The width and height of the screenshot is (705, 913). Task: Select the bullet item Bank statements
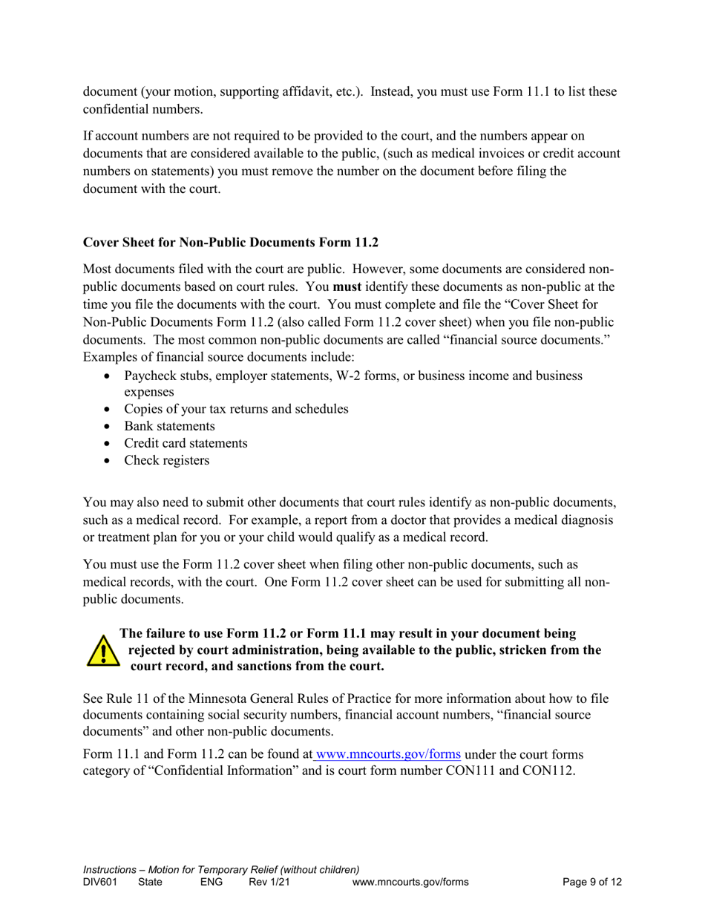(170, 426)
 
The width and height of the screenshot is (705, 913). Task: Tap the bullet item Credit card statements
(186, 443)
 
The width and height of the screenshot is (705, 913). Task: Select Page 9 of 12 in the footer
(591, 882)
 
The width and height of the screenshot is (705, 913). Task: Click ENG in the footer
(211, 882)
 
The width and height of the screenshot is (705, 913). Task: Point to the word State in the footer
(151, 882)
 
